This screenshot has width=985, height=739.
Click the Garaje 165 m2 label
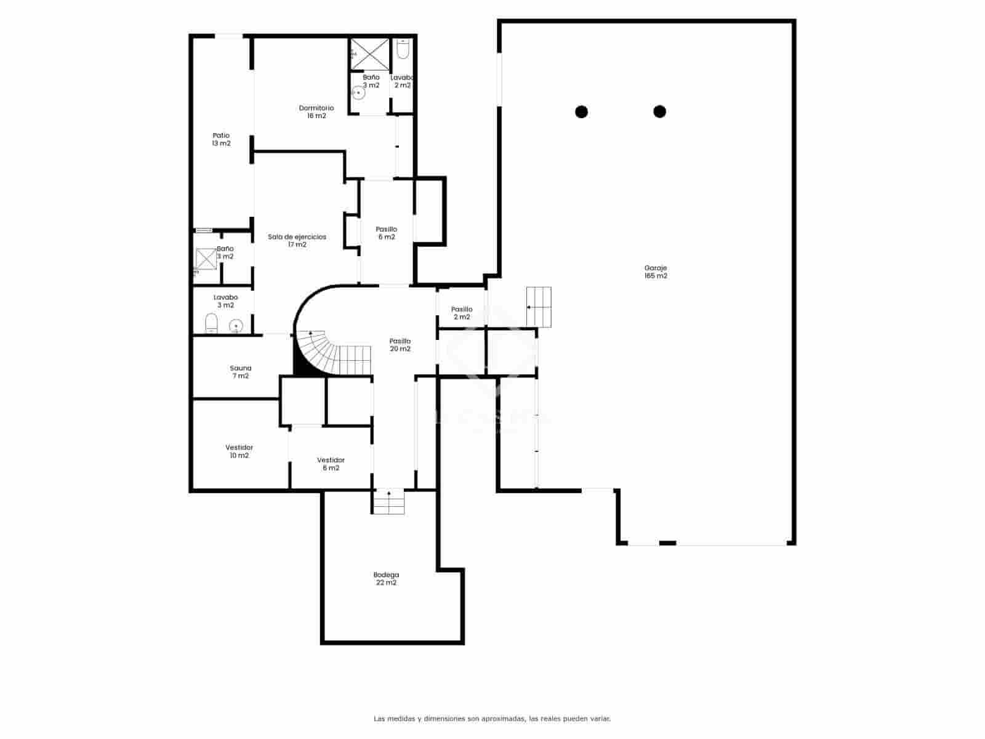(656, 272)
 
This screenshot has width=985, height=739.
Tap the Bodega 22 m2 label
(386, 578)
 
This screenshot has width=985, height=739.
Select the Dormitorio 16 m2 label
(316, 111)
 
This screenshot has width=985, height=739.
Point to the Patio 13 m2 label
(221, 139)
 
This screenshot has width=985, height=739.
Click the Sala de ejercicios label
(297, 240)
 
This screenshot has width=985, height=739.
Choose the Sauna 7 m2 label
(240, 372)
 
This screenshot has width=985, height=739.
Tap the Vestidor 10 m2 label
(239, 451)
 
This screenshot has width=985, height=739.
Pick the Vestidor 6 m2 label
(331, 464)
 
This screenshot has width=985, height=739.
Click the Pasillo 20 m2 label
(400, 345)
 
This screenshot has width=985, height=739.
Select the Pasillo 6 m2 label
(386, 233)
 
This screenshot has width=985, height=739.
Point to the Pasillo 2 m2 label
(462, 313)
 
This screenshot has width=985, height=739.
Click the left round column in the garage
(581, 111)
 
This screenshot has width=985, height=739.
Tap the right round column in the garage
(659, 111)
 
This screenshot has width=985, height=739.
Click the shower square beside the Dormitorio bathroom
(370, 54)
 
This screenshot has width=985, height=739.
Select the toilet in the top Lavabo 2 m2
(403, 49)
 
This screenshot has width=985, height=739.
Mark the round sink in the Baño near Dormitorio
(359, 94)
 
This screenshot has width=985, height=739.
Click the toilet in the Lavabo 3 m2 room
(211, 323)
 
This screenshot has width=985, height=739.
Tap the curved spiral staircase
(326, 354)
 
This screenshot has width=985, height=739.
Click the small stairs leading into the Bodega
(388, 501)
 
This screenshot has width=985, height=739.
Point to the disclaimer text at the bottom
(492, 718)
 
